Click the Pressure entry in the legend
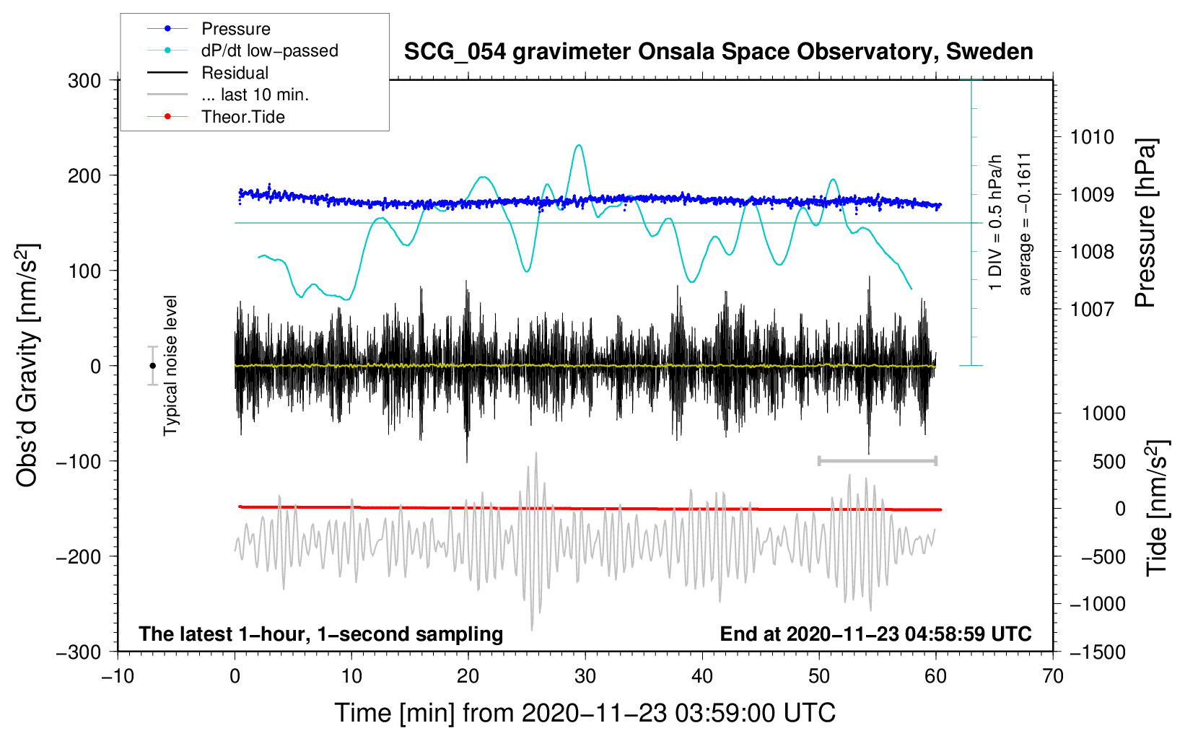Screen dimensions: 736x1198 tap(235, 29)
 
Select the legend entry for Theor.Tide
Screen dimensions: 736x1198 tap(242, 117)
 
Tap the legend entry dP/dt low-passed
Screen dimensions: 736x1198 tap(269, 51)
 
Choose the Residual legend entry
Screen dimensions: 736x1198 tap(235, 73)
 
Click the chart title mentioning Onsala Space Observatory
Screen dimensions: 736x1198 tap(718, 52)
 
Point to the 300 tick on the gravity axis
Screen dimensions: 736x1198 tap(84, 81)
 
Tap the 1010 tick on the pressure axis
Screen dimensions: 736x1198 tap(1092, 137)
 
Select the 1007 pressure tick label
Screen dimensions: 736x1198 tap(1092, 310)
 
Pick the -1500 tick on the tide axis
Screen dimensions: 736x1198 tap(1097, 652)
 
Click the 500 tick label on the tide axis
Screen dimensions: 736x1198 tap(1109, 462)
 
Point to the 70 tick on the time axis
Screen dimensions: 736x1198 tap(1053, 676)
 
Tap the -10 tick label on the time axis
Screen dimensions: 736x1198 tap(118, 676)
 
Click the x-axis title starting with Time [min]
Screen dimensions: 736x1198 tap(585, 713)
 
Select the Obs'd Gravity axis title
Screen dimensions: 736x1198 tap(27, 366)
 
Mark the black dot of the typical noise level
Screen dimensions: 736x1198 tap(153, 366)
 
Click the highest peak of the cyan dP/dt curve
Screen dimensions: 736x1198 tap(579, 146)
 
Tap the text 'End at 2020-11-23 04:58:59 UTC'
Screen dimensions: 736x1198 tap(875, 634)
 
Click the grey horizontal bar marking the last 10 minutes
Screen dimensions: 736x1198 tap(877, 461)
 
